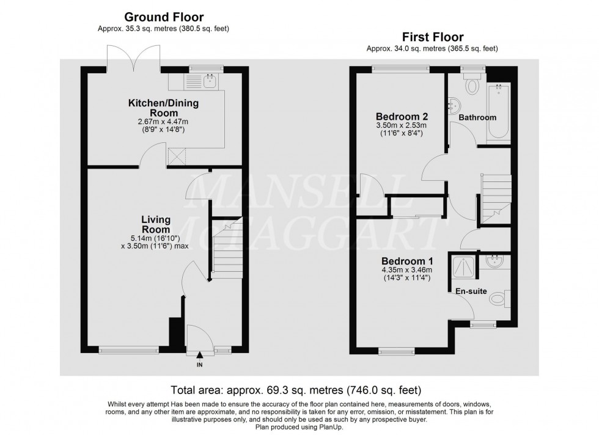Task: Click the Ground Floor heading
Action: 164,17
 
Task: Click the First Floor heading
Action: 433,37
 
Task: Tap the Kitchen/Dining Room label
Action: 163,108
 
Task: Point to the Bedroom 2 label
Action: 401,116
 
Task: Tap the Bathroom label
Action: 477,117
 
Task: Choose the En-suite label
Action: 471,291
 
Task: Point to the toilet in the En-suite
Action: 499,299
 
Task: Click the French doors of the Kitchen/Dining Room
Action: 133,59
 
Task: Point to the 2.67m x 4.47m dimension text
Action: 163,122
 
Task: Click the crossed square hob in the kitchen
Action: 178,156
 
